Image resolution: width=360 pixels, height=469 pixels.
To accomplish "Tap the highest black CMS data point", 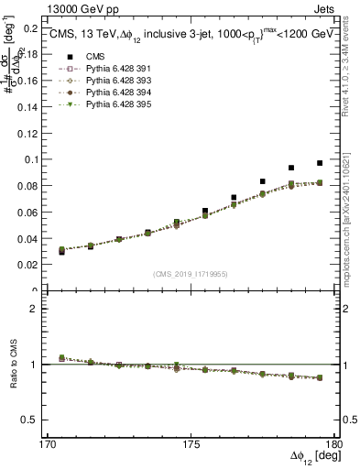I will [320, 163].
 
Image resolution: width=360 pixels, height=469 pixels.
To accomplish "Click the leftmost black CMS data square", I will [61, 251].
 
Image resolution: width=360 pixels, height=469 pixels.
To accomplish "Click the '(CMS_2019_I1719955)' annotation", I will [190, 274].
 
